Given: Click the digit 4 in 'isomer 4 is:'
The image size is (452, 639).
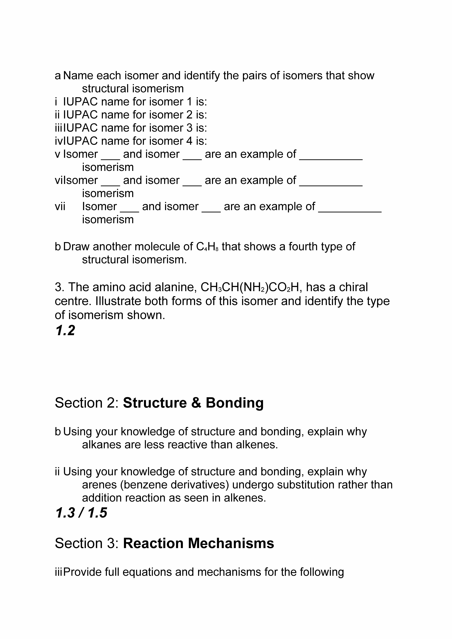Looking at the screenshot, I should point(189,141).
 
